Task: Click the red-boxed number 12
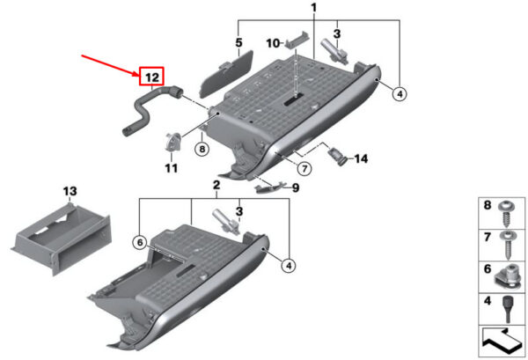152,77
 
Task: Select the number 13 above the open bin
70,191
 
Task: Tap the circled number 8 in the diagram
202,148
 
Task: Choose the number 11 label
171,168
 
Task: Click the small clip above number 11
173,142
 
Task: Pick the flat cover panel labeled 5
225,73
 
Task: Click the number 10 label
273,43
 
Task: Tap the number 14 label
361,158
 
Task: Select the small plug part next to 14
338,156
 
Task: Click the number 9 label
296,187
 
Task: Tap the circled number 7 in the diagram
304,168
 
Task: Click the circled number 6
140,242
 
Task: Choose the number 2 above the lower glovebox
216,185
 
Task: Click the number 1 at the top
314,7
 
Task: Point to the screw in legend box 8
505,214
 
